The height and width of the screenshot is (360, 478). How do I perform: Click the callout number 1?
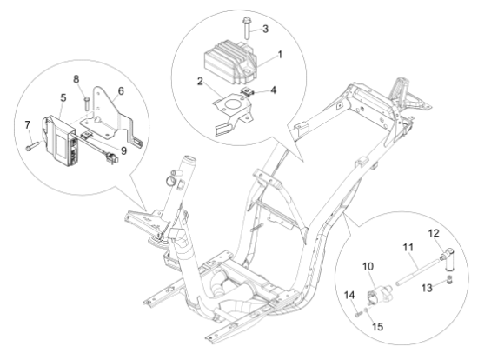click(279, 55)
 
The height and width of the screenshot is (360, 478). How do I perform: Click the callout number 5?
click(62, 97)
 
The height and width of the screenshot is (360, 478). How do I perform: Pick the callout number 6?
click(121, 90)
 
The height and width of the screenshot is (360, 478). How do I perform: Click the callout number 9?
click(110, 150)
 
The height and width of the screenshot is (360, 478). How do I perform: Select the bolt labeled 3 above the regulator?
click(247, 30)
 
